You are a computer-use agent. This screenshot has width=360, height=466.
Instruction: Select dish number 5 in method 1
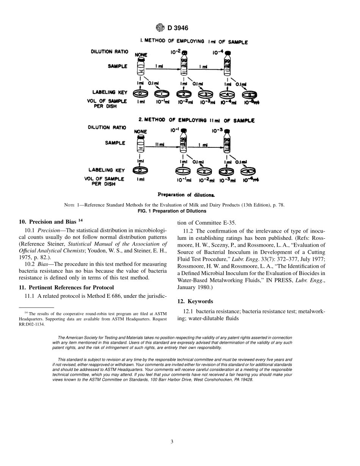[x=249, y=94]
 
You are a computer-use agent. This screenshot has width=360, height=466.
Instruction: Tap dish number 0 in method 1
[x=140, y=93]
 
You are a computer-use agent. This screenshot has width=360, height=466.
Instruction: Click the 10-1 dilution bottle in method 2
[x=184, y=141]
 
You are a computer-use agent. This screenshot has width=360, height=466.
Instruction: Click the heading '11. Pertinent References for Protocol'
[x=66, y=288]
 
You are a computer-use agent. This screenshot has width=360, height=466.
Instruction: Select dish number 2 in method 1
[x=184, y=94]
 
